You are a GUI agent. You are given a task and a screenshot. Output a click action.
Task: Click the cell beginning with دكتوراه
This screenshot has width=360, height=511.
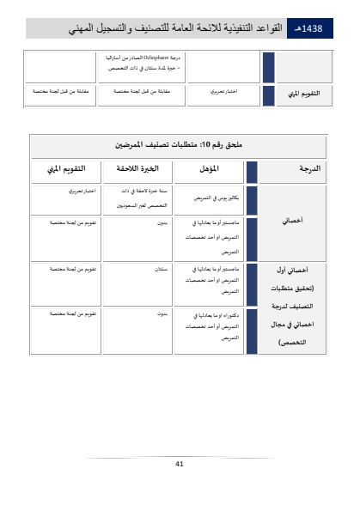point(210,325)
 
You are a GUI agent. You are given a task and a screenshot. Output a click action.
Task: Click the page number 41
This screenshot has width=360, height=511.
point(180,464)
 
